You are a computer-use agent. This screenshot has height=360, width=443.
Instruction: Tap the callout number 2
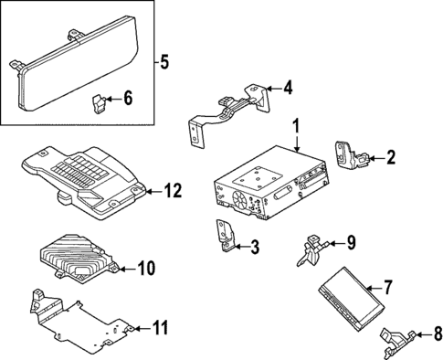(391, 157)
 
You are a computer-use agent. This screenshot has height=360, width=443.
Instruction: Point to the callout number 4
(288, 88)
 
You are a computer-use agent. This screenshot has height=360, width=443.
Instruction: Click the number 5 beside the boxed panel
(163, 63)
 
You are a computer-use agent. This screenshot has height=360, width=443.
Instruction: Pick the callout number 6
(127, 99)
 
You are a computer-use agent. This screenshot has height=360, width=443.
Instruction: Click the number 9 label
(350, 244)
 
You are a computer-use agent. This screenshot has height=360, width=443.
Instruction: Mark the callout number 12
(172, 190)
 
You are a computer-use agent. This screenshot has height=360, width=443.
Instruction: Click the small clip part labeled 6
(99, 101)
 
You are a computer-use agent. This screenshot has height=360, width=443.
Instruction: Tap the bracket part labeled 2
(350, 156)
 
